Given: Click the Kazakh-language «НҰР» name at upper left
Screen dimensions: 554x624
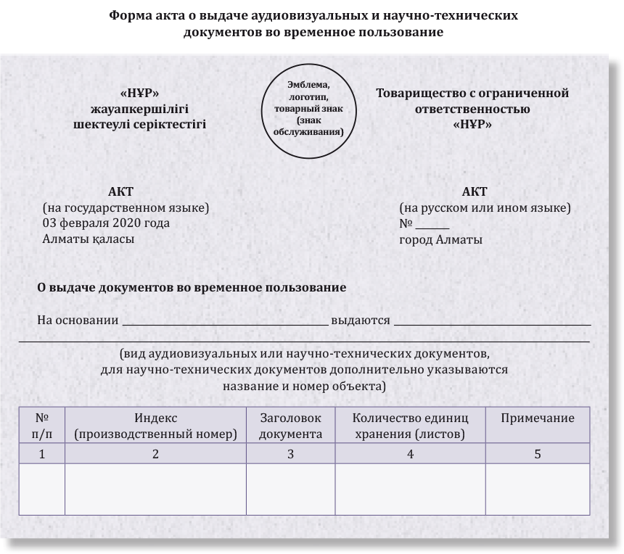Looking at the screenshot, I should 139,94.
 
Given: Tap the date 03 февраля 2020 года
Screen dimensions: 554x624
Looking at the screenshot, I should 106,223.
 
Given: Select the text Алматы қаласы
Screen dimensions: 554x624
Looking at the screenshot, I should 89,239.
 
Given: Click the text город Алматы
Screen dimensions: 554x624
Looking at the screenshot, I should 440,239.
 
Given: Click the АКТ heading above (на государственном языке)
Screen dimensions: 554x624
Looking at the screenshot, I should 120,192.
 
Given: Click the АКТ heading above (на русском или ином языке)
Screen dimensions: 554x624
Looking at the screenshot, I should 475,192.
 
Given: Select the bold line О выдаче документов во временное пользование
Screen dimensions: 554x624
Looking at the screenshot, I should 192,288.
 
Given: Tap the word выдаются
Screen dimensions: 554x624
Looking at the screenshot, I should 361,320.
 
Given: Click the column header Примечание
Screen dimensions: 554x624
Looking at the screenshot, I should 538,418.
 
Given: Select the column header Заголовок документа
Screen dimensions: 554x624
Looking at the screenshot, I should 290,426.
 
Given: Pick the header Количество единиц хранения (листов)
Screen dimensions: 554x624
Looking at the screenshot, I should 410,426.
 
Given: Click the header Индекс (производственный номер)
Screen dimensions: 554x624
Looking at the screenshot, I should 155,426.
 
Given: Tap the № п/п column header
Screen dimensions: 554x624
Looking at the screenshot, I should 41,426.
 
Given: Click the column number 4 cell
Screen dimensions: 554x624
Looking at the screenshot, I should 410,455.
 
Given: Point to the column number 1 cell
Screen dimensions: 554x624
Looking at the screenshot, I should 41,455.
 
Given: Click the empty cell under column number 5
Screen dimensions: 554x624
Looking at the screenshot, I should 538,489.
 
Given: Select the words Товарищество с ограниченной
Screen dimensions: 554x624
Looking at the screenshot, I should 472,94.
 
